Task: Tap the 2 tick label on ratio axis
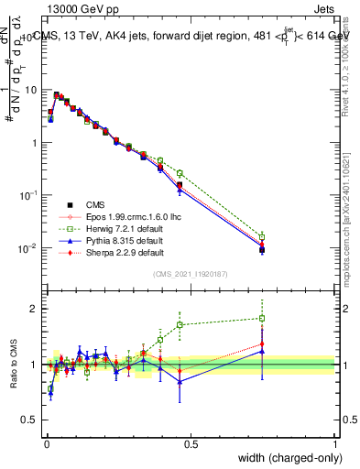tap(34, 309)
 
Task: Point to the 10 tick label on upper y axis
tap(32, 90)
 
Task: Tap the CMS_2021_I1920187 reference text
tap(190, 274)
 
